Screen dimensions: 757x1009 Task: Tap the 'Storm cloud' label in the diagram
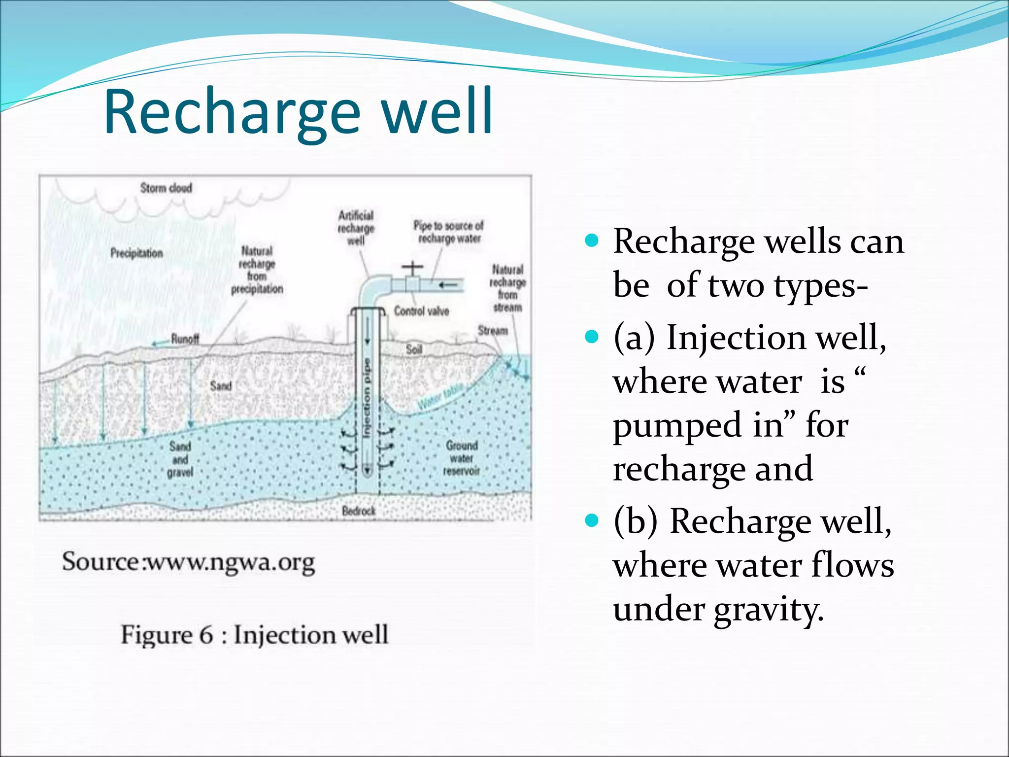166,188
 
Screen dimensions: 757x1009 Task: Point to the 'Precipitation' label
136,253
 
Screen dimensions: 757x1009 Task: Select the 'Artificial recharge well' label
356,228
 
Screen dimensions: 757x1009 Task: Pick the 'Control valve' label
421,311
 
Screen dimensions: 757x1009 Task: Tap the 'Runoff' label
185,339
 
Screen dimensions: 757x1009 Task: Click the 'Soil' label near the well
414,349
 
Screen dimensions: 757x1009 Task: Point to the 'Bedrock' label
359,511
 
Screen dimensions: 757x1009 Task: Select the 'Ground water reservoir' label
462,458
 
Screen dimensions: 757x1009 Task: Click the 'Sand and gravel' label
180,459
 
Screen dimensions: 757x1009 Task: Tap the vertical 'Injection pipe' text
366,398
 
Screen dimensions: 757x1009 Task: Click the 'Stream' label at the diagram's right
493,331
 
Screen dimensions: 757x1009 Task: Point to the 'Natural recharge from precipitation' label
257,270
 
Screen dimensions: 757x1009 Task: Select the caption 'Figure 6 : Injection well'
255,634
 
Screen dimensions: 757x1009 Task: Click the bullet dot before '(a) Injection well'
592,337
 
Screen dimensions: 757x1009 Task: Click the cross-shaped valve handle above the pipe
412,268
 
